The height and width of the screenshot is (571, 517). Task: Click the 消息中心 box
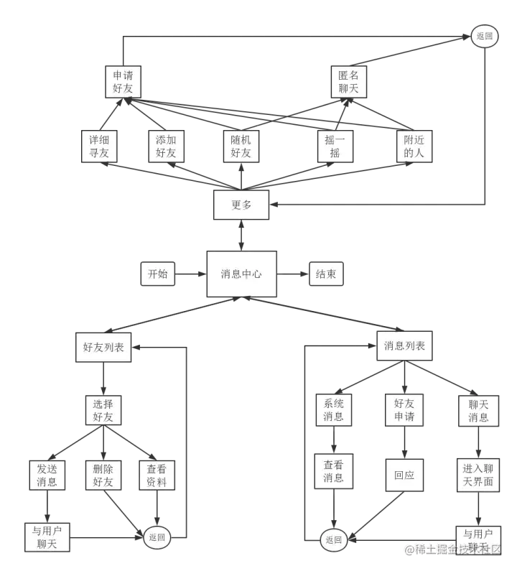click(x=241, y=274)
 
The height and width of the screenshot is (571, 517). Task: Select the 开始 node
click(x=158, y=274)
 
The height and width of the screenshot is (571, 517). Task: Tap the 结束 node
click(x=325, y=274)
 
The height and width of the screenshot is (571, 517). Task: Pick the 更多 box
click(x=241, y=205)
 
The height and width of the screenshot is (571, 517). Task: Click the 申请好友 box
click(x=123, y=81)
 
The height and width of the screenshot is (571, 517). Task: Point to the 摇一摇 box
click(x=334, y=146)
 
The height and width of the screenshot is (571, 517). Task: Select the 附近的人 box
click(x=414, y=146)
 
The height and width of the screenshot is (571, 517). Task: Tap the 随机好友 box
click(x=241, y=146)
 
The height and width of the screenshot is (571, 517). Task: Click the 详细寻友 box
click(x=99, y=146)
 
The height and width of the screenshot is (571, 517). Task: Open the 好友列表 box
click(x=103, y=347)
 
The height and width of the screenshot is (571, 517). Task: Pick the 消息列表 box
click(x=404, y=346)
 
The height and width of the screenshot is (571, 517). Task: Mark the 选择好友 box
click(x=103, y=409)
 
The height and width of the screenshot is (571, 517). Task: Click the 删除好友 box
click(x=103, y=475)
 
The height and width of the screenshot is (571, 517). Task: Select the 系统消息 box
click(x=334, y=409)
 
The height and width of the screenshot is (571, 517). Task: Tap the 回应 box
click(x=404, y=475)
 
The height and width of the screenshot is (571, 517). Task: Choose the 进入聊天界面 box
click(x=478, y=475)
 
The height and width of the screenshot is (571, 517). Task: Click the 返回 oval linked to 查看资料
click(x=157, y=537)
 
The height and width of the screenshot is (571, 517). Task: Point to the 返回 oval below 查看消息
click(x=334, y=539)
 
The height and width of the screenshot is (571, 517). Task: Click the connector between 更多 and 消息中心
click(x=241, y=235)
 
